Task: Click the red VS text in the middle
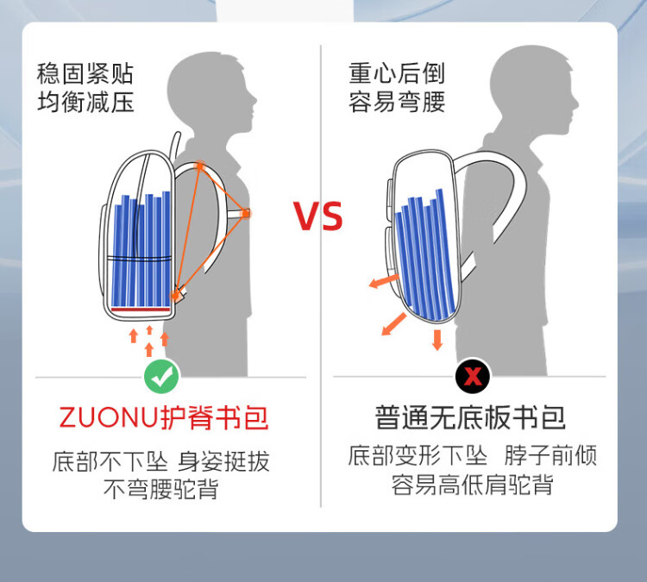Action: click(x=317, y=216)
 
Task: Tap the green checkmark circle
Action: click(x=161, y=376)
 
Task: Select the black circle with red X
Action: click(x=473, y=376)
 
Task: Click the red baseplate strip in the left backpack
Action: click(x=141, y=310)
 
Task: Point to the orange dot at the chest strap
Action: click(x=246, y=214)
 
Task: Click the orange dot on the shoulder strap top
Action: click(x=200, y=166)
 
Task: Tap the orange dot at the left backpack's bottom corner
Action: click(x=175, y=296)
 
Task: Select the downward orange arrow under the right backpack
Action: click(x=437, y=340)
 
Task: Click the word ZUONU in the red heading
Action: click(x=109, y=417)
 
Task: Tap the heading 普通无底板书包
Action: click(x=470, y=417)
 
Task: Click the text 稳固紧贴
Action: click(x=85, y=73)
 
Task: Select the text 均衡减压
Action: click(x=85, y=102)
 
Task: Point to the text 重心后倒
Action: click(x=397, y=73)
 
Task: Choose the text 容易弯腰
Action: click(x=397, y=102)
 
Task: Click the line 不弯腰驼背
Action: click(x=161, y=489)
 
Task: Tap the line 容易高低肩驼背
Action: click(x=473, y=485)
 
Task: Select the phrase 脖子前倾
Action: click(x=550, y=455)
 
